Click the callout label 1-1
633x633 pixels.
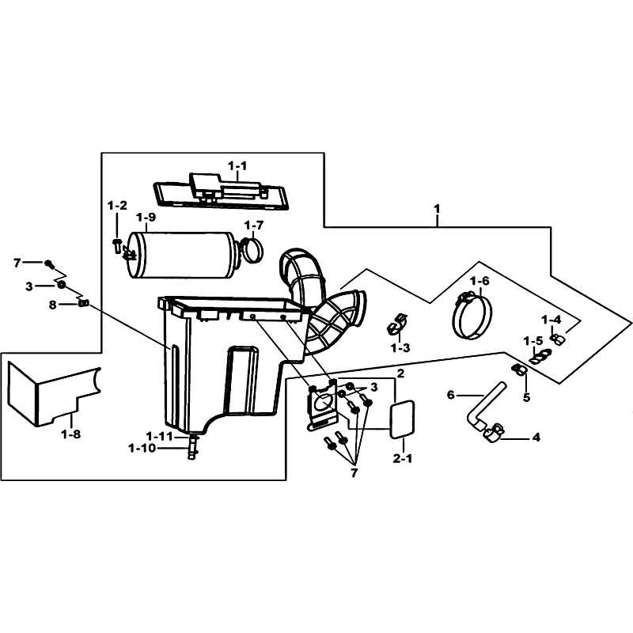237,166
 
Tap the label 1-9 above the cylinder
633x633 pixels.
146,218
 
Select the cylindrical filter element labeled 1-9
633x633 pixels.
182,255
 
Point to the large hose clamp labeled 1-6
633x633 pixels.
472,315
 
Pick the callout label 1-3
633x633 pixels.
400,347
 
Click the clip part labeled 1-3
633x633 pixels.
396,324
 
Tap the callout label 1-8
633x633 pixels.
71,434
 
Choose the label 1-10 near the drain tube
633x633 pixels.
142,448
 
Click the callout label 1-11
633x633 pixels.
159,437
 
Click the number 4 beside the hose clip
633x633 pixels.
536,438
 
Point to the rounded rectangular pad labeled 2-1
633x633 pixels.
402,419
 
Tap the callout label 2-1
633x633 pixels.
403,459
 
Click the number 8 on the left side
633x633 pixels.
52,305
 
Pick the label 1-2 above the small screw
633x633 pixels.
117,206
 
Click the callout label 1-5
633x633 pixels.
533,341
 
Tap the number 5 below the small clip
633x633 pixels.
526,397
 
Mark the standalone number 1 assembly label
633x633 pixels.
437,209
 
